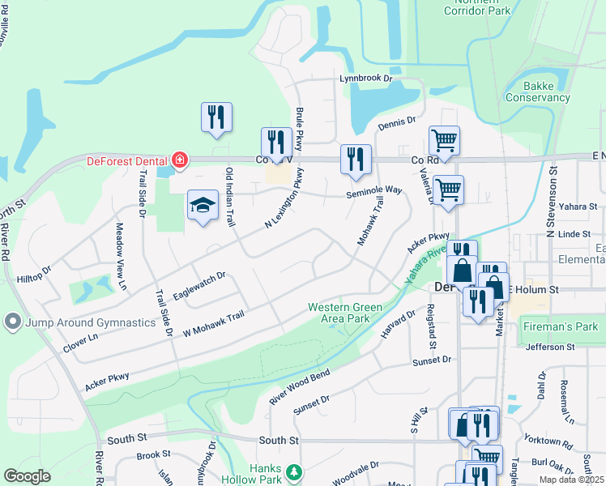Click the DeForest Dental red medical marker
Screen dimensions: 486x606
[177, 160]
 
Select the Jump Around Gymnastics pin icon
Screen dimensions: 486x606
[12, 322]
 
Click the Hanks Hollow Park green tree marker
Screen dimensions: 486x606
[296, 471]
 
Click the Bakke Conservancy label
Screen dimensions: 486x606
[538, 91]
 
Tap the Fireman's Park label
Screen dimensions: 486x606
[560, 327]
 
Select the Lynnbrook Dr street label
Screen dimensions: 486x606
[365, 79]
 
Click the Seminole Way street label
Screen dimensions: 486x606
[374, 190]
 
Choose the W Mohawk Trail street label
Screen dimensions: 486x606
[214, 324]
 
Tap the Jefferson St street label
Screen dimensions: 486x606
[550, 347]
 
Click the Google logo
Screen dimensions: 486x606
[27, 475]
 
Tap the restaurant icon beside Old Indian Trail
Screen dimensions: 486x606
[216, 118]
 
